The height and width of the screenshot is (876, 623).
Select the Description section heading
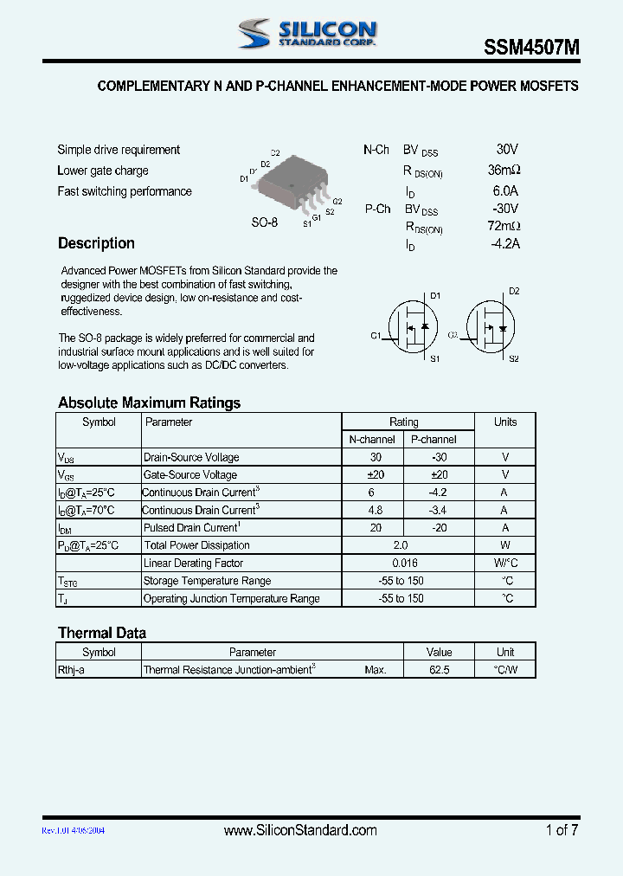96,243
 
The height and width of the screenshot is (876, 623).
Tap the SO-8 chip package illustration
292,184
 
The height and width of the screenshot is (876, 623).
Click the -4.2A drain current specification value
504,244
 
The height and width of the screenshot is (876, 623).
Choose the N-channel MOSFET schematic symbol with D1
412,326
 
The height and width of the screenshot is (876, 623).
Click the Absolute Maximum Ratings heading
149,403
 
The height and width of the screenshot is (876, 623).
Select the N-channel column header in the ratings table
372,440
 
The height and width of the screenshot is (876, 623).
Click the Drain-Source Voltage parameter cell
191,458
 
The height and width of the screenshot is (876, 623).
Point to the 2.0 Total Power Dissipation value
399,545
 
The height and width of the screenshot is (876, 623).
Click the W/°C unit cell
504,564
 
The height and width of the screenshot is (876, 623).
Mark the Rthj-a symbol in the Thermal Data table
71,670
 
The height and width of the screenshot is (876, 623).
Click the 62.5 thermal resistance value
439,670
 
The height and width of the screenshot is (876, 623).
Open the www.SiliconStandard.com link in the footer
300,830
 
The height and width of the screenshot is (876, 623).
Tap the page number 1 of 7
562,830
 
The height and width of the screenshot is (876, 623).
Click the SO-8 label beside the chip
264,222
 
